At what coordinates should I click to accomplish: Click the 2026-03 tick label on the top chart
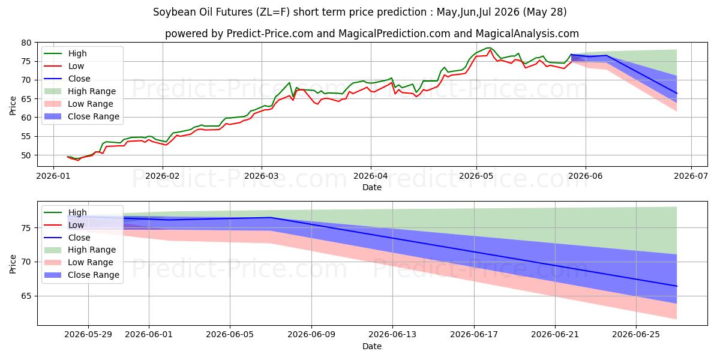click(262, 176)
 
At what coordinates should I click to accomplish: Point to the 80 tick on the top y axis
click(26, 43)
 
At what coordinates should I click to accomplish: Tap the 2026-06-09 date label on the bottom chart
click(311, 335)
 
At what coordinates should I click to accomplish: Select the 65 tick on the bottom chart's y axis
click(26, 296)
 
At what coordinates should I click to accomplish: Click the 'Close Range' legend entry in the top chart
click(94, 116)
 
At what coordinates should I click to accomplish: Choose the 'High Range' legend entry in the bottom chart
click(92, 250)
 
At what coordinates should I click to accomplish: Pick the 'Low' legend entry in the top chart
click(76, 66)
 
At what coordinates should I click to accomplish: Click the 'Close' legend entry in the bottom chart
click(79, 238)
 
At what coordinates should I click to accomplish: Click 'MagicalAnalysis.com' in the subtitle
click(527, 34)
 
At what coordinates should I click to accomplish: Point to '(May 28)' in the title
click(545, 12)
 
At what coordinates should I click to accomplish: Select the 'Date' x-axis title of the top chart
click(372, 187)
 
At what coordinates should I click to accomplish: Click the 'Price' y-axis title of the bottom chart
click(13, 264)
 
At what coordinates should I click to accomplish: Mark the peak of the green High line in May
click(489, 47)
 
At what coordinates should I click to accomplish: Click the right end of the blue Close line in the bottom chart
click(677, 286)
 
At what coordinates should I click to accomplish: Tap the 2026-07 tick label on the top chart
click(691, 176)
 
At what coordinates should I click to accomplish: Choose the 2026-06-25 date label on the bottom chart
click(636, 335)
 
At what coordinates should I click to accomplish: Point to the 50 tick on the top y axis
click(26, 155)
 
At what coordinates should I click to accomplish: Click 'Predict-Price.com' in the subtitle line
click(270, 34)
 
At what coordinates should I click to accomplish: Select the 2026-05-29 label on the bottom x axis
click(88, 335)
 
